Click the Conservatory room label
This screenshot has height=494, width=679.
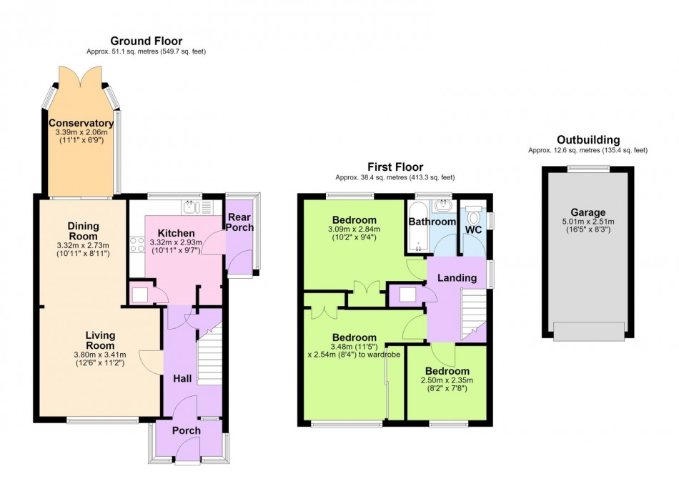(81, 124)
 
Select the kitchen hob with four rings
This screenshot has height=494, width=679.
(137, 244)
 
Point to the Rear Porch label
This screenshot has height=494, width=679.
(240, 222)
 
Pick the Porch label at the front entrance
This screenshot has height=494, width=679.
(187, 430)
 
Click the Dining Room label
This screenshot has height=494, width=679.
(83, 231)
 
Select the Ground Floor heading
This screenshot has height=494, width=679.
(147, 41)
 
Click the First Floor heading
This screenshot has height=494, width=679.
(395, 167)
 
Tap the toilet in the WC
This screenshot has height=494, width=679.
(474, 215)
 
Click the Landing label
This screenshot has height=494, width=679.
(457, 278)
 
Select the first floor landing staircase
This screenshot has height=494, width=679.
(473, 313)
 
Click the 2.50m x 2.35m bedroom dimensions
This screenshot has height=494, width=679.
(447, 380)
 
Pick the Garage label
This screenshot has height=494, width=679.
(588, 212)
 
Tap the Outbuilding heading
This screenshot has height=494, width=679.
(588, 140)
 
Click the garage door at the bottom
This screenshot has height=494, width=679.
(589, 331)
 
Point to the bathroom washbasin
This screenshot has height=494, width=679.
(442, 206)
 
